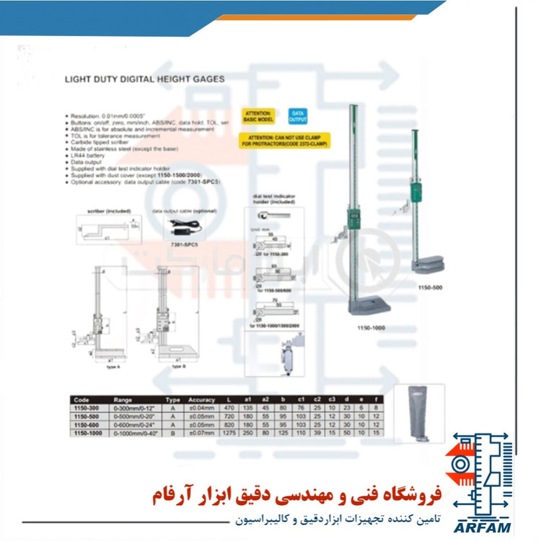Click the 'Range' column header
point(124,399)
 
